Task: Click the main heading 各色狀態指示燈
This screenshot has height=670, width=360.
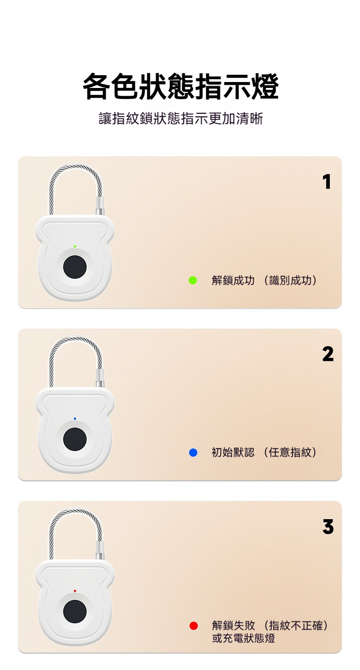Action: point(180,87)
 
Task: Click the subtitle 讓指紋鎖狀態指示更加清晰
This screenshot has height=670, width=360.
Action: point(180,119)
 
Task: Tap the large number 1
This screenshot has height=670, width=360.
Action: point(327,182)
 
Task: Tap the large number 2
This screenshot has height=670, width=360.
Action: point(328,354)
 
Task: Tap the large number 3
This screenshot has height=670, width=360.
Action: point(328,527)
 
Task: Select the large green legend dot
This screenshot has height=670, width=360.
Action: point(193,280)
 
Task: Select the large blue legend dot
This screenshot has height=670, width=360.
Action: point(193,453)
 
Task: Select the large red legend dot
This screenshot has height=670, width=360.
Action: point(194,626)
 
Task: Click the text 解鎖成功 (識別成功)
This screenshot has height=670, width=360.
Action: point(264,281)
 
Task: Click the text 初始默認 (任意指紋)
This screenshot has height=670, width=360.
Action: point(264,452)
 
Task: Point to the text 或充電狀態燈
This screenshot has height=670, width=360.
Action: point(243,638)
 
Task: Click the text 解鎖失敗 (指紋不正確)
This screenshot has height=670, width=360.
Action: point(270,625)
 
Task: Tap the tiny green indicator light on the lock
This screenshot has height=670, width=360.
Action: point(75,247)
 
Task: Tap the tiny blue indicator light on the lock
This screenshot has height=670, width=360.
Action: point(75,419)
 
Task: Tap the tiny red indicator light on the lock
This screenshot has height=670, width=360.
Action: point(75,591)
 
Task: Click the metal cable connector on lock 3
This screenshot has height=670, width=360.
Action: point(100,550)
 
